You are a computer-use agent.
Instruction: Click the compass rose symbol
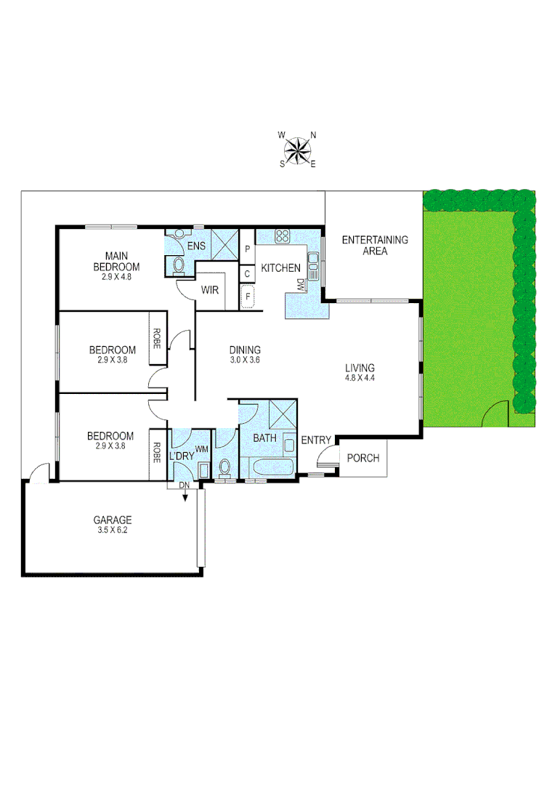297,150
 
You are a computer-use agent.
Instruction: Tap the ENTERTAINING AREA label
375,246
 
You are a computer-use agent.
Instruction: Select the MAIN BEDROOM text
117,261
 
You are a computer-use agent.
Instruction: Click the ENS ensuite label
196,246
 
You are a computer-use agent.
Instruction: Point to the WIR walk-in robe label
210,291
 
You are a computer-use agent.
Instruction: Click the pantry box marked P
247,249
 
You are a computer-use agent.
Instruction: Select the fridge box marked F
247,297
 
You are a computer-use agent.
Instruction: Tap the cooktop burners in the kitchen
283,236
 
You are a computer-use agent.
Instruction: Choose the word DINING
245,350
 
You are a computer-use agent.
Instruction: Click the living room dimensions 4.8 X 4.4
360,378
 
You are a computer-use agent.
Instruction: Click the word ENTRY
316,440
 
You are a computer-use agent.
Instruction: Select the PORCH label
362,459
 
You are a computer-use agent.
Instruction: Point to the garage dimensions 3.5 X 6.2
113,531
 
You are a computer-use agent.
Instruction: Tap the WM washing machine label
201,450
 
